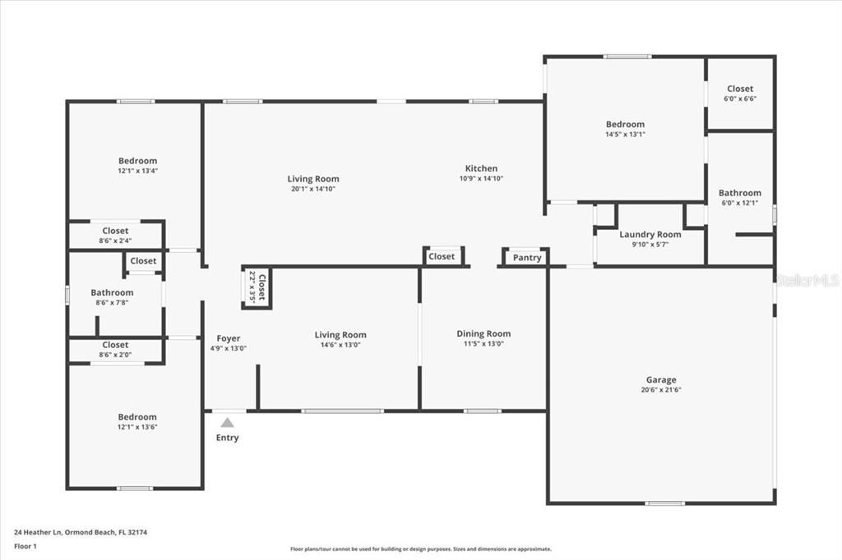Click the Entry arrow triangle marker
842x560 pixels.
pos(227,422)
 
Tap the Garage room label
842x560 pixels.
pos(661,379)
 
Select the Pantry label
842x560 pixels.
pos(527,258)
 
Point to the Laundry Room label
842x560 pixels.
pos(650,234)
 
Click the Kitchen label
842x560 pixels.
pos(481,168)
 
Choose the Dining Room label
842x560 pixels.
pos(483,333)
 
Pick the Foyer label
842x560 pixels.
pos(229,338)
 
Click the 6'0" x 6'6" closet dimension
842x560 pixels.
pos(740,99)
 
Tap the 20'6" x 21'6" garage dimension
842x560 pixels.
pos(661,390)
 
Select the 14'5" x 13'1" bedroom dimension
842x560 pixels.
pos(625,134)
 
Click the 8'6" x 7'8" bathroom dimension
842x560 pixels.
pos(112,302)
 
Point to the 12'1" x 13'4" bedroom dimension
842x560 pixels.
pos(137,171)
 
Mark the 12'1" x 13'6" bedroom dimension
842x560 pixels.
pos(136,427)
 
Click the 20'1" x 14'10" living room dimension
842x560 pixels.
pos(312,189)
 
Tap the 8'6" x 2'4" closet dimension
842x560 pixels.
pos(115,241)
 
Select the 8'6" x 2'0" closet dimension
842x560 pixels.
pos(115,355)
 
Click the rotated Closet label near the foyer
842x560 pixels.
pos(262,288)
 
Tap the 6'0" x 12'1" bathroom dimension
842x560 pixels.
pos(740,203)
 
